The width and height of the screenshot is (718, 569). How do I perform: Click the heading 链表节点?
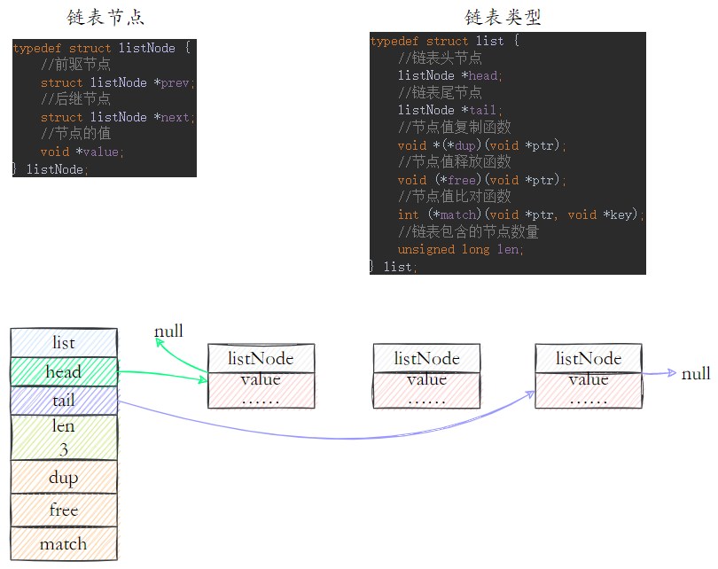tap(105, 18)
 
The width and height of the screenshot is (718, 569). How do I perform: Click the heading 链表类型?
tap(503, 17)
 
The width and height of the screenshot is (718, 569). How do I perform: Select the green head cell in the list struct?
tap(64, 371)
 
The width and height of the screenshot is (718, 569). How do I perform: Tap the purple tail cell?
tap(64, 401)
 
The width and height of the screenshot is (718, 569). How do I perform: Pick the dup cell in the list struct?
tap(64, 477)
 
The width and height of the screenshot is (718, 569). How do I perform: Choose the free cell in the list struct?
tap(64, 510)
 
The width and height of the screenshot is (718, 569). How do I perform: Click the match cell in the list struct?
tap(64, 544)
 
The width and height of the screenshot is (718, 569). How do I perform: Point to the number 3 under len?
tap(64, 449)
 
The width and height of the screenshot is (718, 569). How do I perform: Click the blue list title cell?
tap(64, 343)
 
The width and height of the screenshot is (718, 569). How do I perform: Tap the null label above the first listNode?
tap(168, 331)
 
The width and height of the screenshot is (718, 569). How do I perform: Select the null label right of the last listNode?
tap(696, 373)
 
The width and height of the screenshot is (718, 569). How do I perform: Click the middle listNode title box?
tap(426, 358)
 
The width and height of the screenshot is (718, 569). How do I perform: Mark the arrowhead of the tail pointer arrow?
tap(531, 394)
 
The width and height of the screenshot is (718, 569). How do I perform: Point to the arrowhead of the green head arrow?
tap(204, 379)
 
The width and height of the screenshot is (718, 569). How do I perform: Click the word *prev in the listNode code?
tap(172, 82)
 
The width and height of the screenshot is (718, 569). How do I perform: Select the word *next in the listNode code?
tap(172, 117)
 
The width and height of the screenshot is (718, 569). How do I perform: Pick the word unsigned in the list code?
tap(425, 249)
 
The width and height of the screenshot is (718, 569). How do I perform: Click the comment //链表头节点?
tap(440, 58)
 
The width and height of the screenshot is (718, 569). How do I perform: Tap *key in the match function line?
tap(618, 214)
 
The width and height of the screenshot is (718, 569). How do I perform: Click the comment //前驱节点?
tap(75, 65)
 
